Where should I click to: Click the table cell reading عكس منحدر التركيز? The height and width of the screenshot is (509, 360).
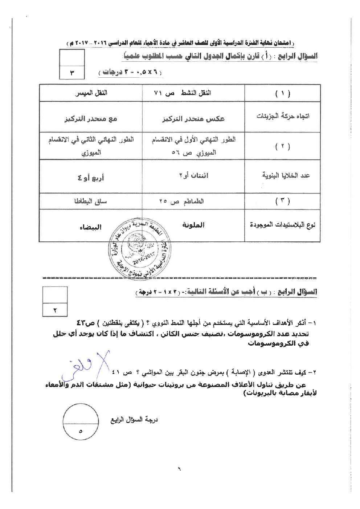pyautogui.click(x=193, y=119)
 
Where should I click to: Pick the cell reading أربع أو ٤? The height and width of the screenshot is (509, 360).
pyautogui.click(x=91, y=178)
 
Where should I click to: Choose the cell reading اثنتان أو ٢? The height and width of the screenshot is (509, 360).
pyautogui.click(x=193, y=175)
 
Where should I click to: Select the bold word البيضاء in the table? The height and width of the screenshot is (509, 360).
pyautogui.click(x=90, y=227)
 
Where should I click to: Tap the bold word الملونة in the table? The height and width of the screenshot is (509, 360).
pyautogui.click(x=193, y=225)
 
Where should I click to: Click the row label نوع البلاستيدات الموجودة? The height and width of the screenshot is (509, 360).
pyautogui.click(x=283, y=225)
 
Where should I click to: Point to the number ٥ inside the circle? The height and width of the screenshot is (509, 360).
pyautogui.click(x=81, y=431)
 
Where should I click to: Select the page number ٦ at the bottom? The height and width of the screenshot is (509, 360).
pyautogui.click(x=179, y=468)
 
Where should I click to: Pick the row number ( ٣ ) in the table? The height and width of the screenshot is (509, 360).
pyautogui.click(x=283, y=201)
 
